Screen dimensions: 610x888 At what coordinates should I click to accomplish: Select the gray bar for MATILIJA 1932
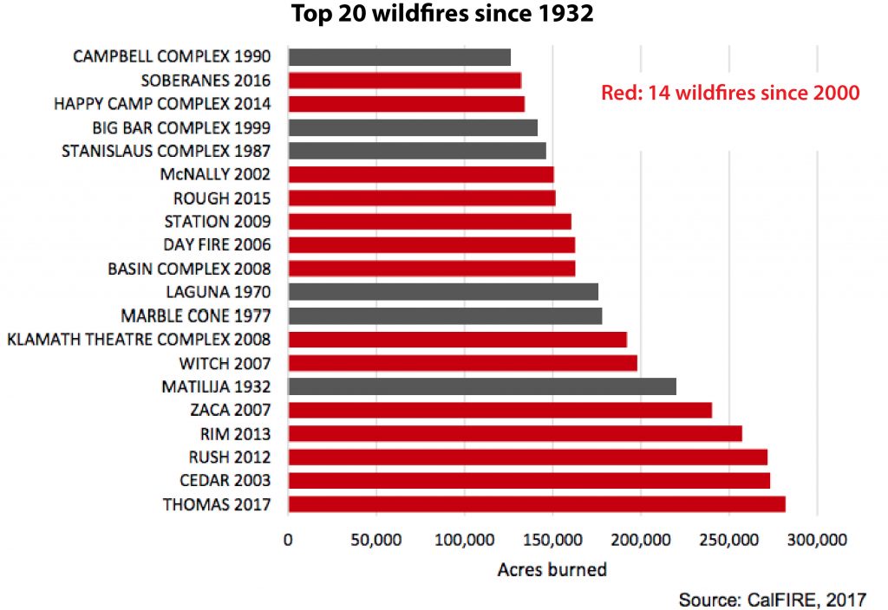point(481,386)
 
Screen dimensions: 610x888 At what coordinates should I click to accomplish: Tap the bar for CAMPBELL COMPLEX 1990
point(399,57)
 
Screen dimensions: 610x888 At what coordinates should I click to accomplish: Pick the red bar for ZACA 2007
point(499,410)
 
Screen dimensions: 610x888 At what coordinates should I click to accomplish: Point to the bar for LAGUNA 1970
point(442,292)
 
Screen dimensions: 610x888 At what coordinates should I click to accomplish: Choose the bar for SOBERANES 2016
point(404,81)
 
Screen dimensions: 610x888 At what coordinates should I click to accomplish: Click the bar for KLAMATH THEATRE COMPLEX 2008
point(457,340)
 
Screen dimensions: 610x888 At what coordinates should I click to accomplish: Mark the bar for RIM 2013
point(514,433)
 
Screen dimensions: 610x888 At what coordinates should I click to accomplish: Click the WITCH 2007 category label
point(225,363)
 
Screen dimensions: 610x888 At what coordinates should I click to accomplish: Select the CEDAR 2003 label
point(217,481)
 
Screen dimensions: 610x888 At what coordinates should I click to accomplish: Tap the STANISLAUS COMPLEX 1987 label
point(166,151)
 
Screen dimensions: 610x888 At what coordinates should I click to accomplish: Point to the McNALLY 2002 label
point(215,174)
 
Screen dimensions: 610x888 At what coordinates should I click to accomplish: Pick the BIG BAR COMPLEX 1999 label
point(181,127)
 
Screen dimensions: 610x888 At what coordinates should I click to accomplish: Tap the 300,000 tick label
point(818,540)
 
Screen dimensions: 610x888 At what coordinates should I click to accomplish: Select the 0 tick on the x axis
point(289,540)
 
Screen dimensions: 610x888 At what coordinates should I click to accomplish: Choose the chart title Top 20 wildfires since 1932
point(442,16)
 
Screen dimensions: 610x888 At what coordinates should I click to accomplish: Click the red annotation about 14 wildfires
point(730,93)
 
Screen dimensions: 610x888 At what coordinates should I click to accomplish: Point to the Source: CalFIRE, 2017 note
point(771,599)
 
